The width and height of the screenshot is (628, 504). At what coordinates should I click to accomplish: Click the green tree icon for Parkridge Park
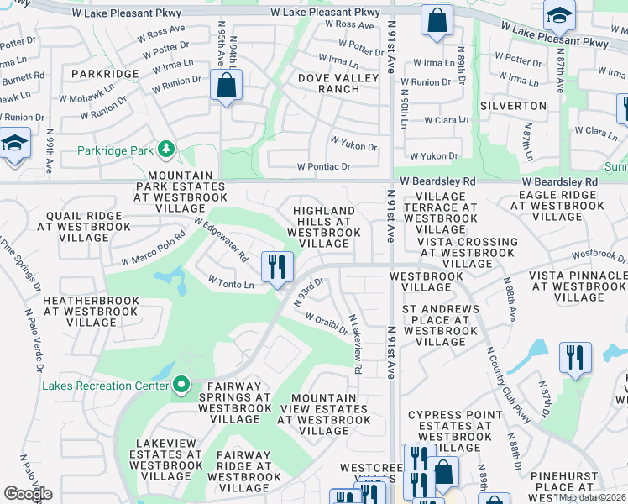pyautogui.click(x=167, y=150)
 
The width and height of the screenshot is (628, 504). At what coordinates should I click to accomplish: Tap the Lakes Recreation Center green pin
pyautogui.click(x=181, y=386)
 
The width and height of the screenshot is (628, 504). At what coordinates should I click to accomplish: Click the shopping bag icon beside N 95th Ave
pyautogui.click(x=227, y=85)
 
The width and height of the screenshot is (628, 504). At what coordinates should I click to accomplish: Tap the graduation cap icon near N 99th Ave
pyautogui.click(x=14, y=144)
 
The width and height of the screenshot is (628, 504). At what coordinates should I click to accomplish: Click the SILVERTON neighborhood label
pyautogui.click(x=513, y=106)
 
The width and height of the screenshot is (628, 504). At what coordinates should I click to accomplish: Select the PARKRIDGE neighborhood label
pyautogui.click(x=105, y=74)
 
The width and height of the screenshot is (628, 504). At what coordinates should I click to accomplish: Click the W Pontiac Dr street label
pyautogui.click(x=323, y=167)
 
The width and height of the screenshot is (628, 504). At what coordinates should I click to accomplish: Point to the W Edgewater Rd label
pyautogui.click(x=222, y=239)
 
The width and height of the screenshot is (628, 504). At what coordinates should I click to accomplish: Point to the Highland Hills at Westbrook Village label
pyautogui.click(x=323, y=227)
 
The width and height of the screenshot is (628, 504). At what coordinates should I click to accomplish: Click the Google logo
pyautogui.click(x=28, y=494)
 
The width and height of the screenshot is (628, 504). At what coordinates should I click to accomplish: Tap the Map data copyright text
pyautogui.click(x=592, y=497)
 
